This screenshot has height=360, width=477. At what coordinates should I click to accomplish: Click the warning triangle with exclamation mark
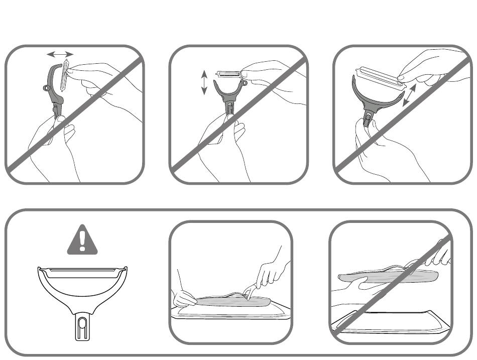82,240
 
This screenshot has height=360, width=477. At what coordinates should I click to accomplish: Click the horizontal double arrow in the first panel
60,54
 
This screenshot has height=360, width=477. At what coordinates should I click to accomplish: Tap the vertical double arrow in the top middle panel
204,82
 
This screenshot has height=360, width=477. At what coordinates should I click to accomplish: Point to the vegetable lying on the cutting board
231,301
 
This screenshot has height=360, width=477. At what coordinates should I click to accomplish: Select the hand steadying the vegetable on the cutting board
183,299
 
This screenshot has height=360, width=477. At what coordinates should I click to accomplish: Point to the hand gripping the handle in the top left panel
50,146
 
